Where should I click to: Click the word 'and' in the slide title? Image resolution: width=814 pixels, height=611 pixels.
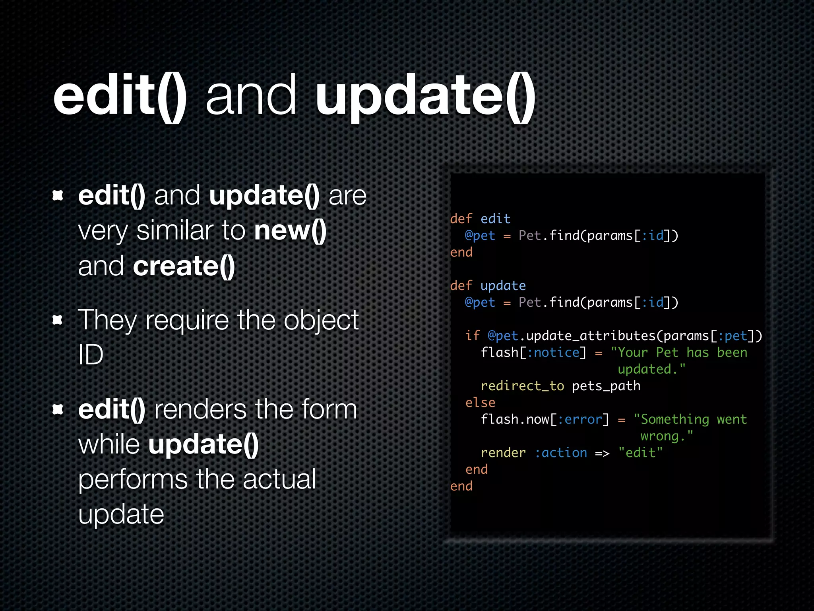pyautogui.click(x=251, y=96)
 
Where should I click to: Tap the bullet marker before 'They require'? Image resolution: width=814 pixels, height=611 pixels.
pyautogui.click(x=58, y=320)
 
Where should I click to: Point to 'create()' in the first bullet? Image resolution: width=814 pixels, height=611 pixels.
pyautogui.click(x=184, y=266)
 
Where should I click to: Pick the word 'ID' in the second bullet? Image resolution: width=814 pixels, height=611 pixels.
pyautogui.click(x=91, y=354)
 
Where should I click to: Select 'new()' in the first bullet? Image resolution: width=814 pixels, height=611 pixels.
pyautogui.click(x=290, y=230)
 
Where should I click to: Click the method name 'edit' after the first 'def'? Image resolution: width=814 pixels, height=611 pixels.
pyautogui.click(x=495, y=219)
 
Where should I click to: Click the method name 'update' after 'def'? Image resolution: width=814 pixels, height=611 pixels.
pyautogui.click(x=503, y=286)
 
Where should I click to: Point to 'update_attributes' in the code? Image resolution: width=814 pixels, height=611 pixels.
pyautogui.click(x=591, y=336)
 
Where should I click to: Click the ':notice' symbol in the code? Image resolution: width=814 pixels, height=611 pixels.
pyautogui.click(x=554, y=352)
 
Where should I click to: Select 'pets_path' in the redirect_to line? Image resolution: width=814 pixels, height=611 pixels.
pyautogui.click(x=606, y=386)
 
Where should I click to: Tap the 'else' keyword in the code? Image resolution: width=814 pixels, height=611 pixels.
pyautogui.click(x=480, y=403)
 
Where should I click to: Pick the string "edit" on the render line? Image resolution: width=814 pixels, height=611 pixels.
pyautogui.click(x=640, y=453)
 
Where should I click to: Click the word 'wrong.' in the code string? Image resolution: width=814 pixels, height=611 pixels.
pyautogui.click(x=667, y=436)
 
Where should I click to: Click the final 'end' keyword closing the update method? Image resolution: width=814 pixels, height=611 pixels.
pyautogui.click(x=461, y=486)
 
